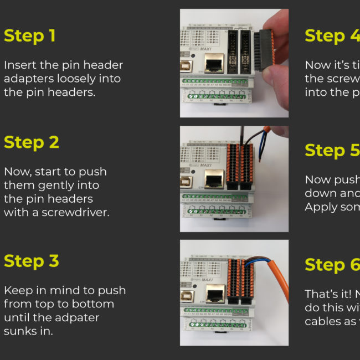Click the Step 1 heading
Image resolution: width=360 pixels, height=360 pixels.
pos(30,36)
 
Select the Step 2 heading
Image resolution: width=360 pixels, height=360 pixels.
pos(32,142)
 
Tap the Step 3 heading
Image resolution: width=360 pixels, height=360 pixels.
pos(32,261)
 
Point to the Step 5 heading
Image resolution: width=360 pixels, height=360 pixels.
pos(332,150)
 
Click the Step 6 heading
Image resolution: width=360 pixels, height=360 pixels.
pos(332,265)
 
